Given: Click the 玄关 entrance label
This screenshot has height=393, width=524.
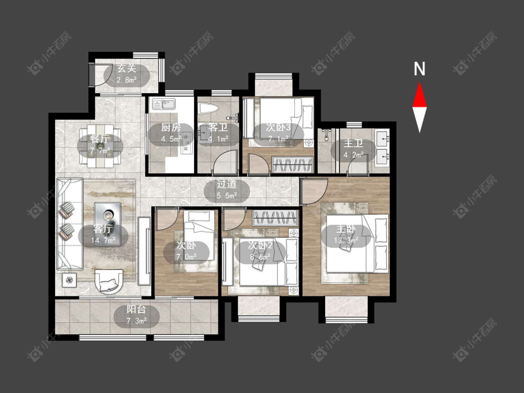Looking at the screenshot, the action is [127, 69].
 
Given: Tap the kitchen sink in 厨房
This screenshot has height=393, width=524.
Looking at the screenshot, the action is [164, 104].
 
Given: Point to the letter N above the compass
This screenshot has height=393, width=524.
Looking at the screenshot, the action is [419, 69].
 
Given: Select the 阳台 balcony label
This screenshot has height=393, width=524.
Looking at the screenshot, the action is [136, 310].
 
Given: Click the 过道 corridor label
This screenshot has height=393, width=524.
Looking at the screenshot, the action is [226, 184].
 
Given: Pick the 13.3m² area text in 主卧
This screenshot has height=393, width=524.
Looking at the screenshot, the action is [346, 240].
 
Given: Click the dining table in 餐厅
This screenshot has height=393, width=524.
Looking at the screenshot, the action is [100, 146].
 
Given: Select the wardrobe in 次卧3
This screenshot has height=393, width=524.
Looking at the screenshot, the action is [293, 165].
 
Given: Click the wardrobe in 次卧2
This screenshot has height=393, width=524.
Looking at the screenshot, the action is [275, 217].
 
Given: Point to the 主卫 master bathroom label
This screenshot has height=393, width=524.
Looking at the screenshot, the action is [354, 144].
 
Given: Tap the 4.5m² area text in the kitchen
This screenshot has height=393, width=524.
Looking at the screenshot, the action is [171, 139].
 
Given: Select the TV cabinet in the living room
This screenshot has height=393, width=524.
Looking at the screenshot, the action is [144, 251].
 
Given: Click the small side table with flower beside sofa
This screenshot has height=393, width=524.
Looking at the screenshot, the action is [69, 280].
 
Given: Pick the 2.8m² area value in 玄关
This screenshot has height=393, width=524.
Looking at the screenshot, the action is [126, 80].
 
